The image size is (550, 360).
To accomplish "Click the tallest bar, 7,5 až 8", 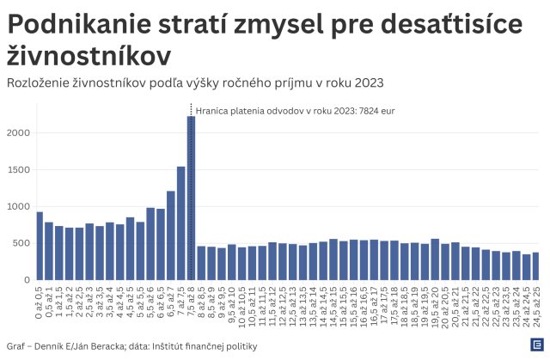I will click(191, 198).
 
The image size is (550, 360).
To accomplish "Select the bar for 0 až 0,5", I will click(40, 246).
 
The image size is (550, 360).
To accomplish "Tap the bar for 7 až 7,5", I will click(180, 223).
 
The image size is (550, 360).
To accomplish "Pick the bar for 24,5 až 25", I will click(536, 266).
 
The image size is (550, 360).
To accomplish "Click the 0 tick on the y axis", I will click(26, 280).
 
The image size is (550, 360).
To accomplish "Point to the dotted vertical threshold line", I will click(191, 110).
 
